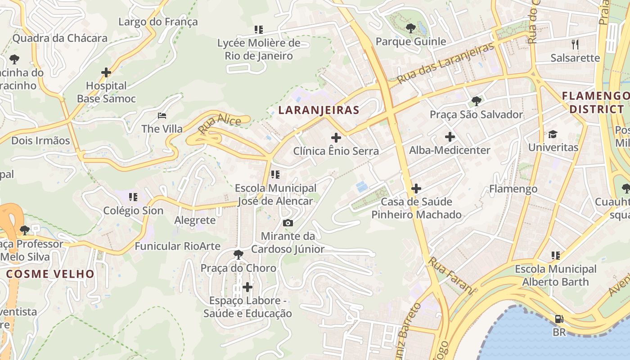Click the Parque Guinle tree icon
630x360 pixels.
coord(410,28)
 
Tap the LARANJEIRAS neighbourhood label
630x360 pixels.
coord(319,110)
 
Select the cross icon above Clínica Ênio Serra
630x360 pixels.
coord(336,138)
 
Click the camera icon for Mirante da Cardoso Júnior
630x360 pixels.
coord(288,223)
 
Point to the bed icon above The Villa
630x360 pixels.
coord(162,116)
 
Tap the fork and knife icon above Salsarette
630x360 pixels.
coord(575,44)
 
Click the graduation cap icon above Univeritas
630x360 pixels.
coord(553,134)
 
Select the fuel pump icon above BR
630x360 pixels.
coord(559,319)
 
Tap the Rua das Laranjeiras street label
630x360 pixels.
coord(445,63)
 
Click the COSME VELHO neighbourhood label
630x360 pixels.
coord(50,274)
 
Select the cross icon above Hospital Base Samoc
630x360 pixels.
coord(106,72)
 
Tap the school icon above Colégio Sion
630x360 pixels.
coord(133,197)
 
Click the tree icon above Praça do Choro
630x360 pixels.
coord(238,255)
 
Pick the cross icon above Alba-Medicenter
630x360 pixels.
coord(450,137)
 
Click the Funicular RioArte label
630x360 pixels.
coord(177,246)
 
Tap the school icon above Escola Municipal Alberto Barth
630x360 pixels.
coord(556,256)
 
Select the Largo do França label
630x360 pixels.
coord(158,22)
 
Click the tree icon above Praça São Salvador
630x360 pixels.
coord(476,101)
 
